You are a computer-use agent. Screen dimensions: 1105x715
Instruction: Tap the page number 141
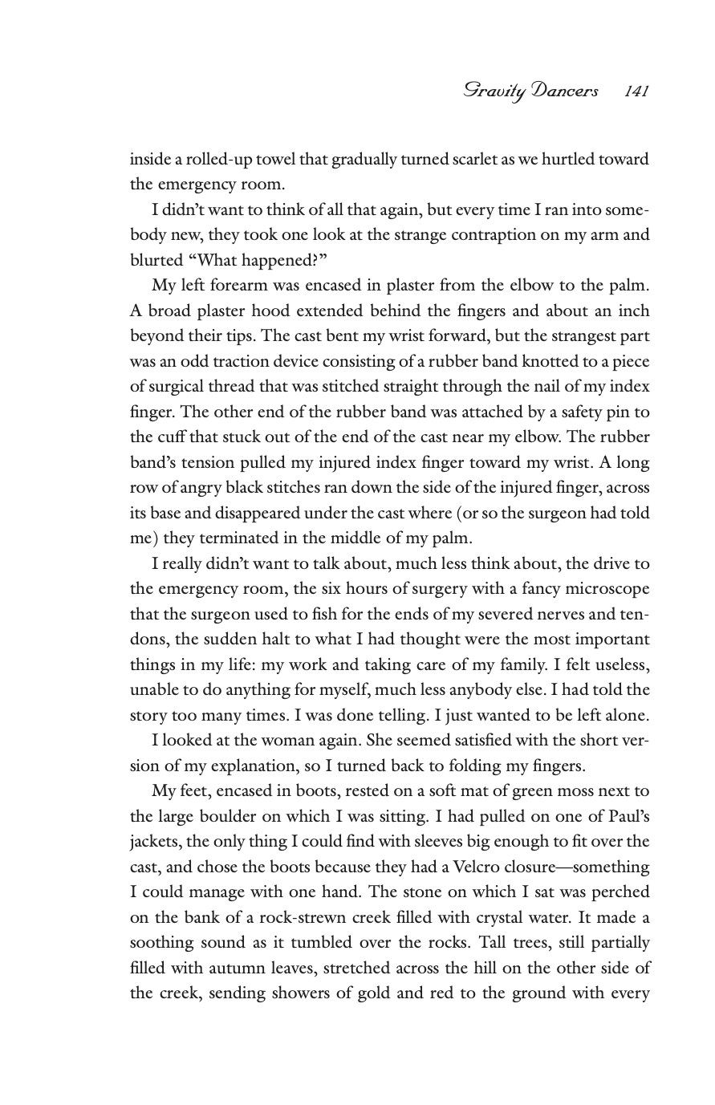click(x=636, y=91)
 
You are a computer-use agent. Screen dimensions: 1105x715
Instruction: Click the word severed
click(x=539, y=614)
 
